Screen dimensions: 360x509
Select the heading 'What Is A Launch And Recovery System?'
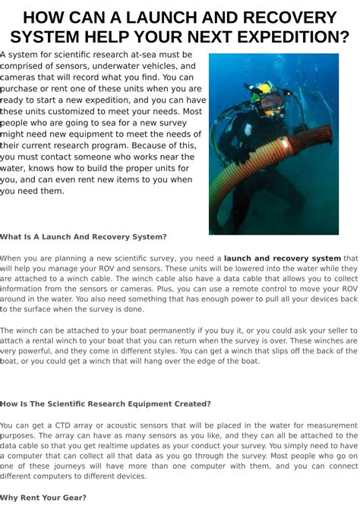(x=83, y=237)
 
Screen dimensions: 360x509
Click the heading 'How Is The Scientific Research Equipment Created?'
(x=106, y=403)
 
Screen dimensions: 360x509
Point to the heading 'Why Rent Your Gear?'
(x=43, y=498)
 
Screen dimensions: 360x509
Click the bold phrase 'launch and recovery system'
(x=283, y=258)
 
